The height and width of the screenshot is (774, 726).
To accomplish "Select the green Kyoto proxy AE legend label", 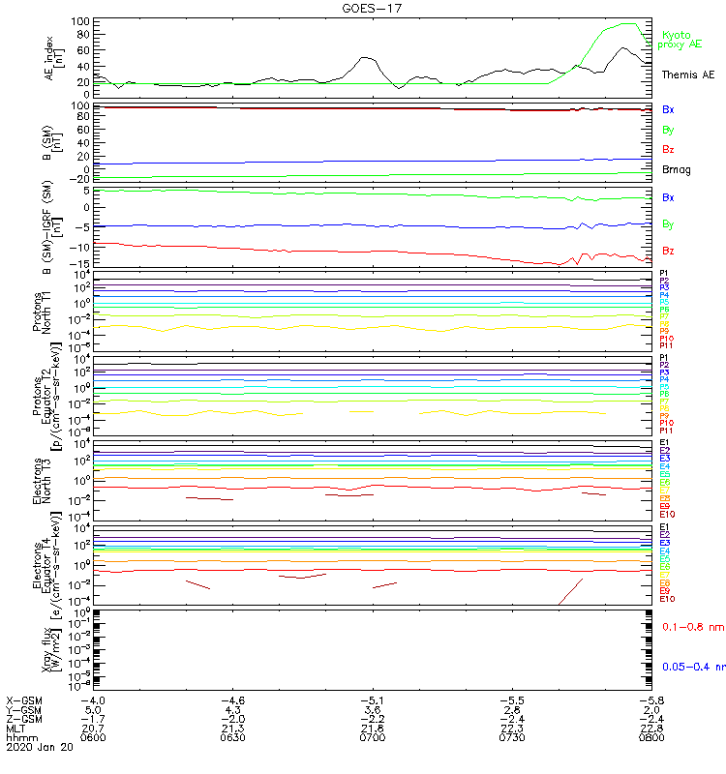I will coord(683,40).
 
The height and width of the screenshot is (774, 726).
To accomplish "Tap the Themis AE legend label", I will coord(688,74).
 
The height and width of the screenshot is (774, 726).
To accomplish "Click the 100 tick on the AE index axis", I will coord(81,21).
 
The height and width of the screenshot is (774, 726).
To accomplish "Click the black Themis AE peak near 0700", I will coord(366,57).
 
